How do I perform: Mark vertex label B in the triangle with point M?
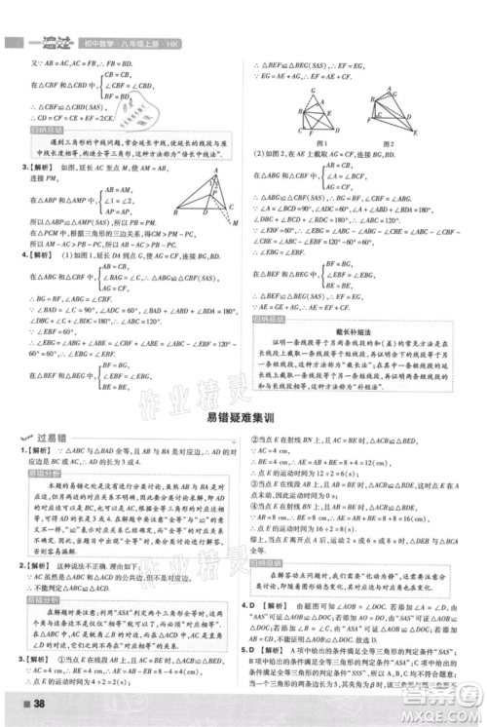(x=174, y=212)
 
